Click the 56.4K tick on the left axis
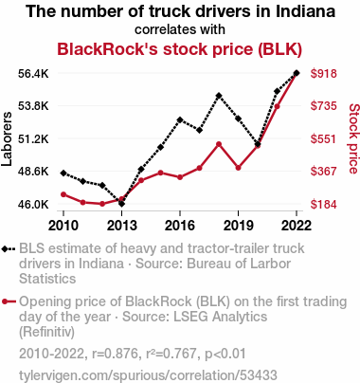33,74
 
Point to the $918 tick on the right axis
324,74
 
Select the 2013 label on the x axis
121,226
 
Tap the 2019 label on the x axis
238,226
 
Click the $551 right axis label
324,138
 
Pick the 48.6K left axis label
33,172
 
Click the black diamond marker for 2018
219,96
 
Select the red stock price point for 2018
219,144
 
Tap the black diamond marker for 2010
63,173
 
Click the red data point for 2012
102,204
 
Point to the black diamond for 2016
180,119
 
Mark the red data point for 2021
277,106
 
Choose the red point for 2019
238,168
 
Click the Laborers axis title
7,139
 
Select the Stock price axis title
354,138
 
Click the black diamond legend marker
5,249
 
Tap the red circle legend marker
5,301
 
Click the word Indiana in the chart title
305,11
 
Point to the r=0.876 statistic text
116,354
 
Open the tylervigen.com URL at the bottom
148,375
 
